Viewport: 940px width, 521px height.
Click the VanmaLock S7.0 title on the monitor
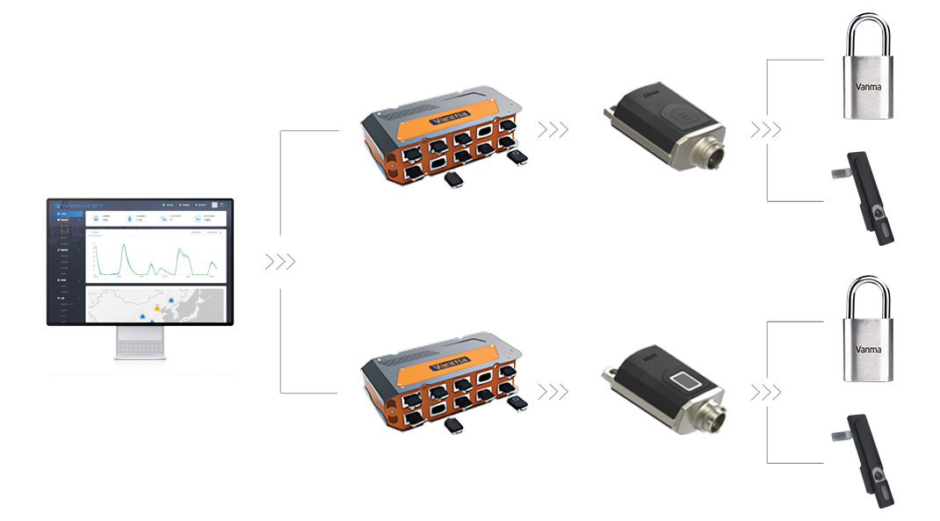tap(83, 205)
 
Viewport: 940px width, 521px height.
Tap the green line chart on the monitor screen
tap(154, 258)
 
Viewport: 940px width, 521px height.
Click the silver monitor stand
tap(141, 348)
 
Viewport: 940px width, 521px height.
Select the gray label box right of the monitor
tap(279, 261)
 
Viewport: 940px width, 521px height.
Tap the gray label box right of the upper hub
tap(553, 129)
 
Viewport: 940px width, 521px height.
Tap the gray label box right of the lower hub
tap(553, 391)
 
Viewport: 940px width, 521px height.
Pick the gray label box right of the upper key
tap(765, 129)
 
